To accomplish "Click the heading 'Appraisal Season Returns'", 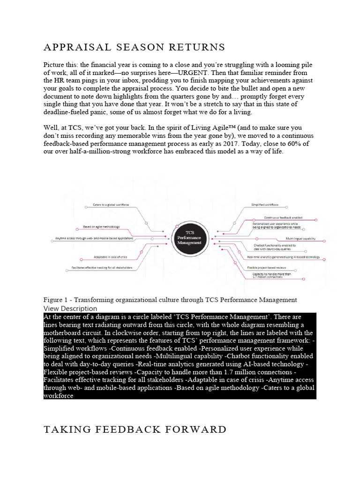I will [134, 47].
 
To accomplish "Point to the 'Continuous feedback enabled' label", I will [283, 217].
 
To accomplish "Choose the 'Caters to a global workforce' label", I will [111, 205].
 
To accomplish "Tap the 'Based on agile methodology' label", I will [101, 227].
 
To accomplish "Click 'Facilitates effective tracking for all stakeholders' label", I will [102, 268].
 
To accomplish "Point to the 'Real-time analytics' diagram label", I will [283, 257].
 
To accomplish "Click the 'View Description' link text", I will [70, 308].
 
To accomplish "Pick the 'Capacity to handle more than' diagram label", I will [272, 273].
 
